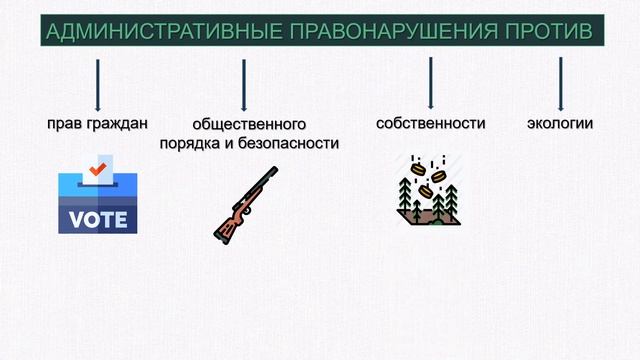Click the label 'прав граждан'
(x=97, y=124)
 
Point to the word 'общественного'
(x=249, y=125)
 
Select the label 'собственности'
(x=431, y=124)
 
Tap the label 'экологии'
(x=560, y=124)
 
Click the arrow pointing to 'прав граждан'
(x=97, y=85)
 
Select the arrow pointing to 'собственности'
(x=431, y=83)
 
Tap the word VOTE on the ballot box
(x=98, y=219)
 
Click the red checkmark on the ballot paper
(x=97, y=169)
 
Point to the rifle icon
(x=245, y=204)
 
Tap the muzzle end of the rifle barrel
(x=274, y=171)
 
